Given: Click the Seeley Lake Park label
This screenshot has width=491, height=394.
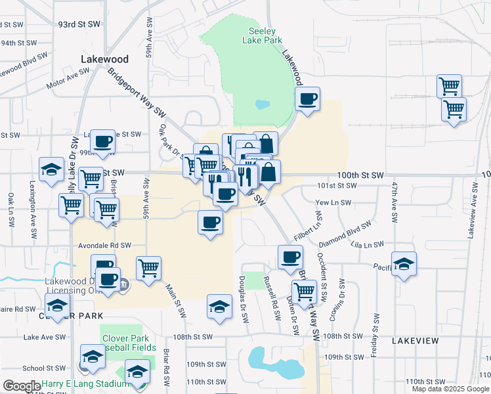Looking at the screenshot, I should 266,35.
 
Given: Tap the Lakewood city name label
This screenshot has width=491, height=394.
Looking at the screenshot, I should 104,59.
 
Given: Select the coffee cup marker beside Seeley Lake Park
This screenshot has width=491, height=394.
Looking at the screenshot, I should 308,100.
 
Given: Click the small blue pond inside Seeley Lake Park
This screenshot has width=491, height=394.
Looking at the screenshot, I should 262,104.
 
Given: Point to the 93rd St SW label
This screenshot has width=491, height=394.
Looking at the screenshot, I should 79,24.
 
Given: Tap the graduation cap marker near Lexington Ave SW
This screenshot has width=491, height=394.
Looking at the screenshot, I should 51,171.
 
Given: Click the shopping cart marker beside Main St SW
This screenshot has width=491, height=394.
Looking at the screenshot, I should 149,268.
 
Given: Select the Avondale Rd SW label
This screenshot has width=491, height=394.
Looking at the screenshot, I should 105,245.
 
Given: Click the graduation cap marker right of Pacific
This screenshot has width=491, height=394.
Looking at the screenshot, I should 404,265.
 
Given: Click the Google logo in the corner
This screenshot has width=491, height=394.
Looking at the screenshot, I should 22,386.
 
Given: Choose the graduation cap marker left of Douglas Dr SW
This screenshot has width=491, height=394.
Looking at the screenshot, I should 219,307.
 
